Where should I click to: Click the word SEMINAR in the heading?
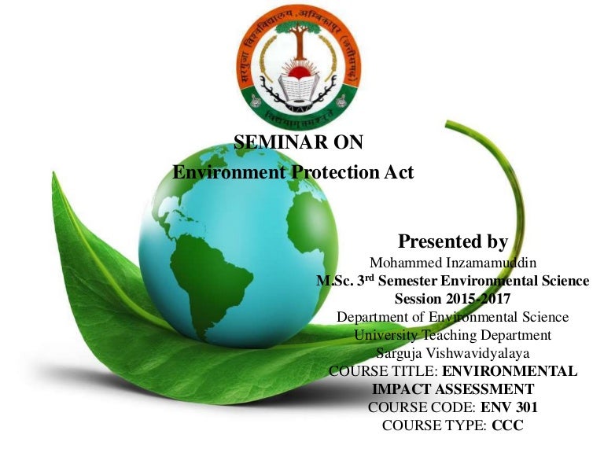coord(270,142)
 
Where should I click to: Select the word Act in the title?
coord(397,171)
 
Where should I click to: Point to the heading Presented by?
coord(452,241)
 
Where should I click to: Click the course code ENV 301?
coord(512,407)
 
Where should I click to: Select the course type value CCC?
coord(507,425)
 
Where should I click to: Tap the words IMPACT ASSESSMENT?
coord(452,389)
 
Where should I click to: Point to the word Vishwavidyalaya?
coord(483,353)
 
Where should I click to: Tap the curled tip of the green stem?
coord(451,125)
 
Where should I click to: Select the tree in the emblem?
coord(301,47)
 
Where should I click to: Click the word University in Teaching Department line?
coord(388,335)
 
